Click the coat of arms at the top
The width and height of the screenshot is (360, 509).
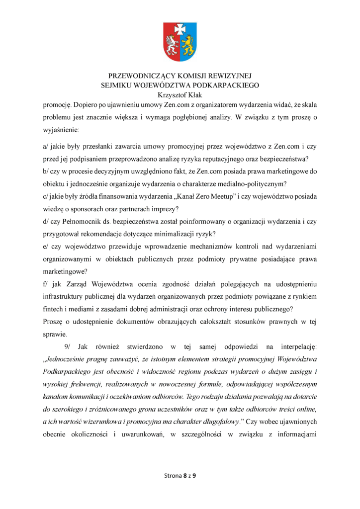[180, 42]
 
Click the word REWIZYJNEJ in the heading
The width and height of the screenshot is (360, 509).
[229, 77]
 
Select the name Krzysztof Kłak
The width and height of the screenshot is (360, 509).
[180, 95]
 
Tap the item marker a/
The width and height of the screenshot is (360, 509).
[47, 147]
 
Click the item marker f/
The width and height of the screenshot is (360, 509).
[46, 284]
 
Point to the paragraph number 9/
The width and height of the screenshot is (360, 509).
[69, 346]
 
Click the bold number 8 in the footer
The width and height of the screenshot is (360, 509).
[185, 476]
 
